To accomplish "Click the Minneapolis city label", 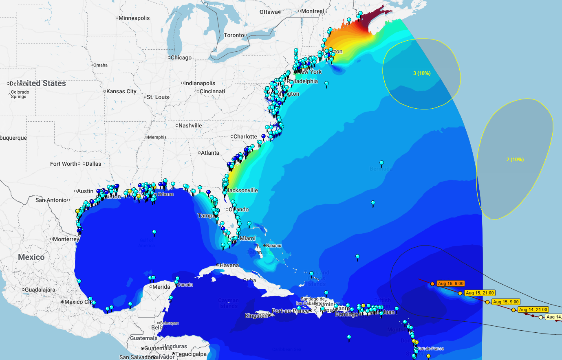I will (x=134, y=18).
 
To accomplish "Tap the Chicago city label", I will (x=181, y=57).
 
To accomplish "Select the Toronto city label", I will (x=234, y=35).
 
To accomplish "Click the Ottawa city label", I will (x=269, y=12).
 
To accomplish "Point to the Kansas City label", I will (x=121, y=91).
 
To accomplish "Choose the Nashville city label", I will (x=190, y=125).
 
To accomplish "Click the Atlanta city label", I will (x=210, y=153).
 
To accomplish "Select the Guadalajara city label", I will (x=40, y=290).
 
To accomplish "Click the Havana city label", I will (x=229, y=265).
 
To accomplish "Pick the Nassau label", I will (x=274, y=246).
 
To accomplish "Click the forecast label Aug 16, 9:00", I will (x=450, y=283).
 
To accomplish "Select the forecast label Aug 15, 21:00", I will (x=480, y=293).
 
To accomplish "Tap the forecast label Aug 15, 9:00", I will (x=506, y=302).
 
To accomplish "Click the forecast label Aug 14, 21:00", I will (x=533, y=310).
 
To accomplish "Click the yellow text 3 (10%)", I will (x=422, y=73).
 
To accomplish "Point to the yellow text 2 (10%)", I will (x=515, y=160).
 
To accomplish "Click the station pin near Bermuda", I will (x=381, y=163).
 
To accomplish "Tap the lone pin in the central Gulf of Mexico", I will (x=154, y=232).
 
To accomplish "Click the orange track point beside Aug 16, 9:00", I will (x=432, y=283).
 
